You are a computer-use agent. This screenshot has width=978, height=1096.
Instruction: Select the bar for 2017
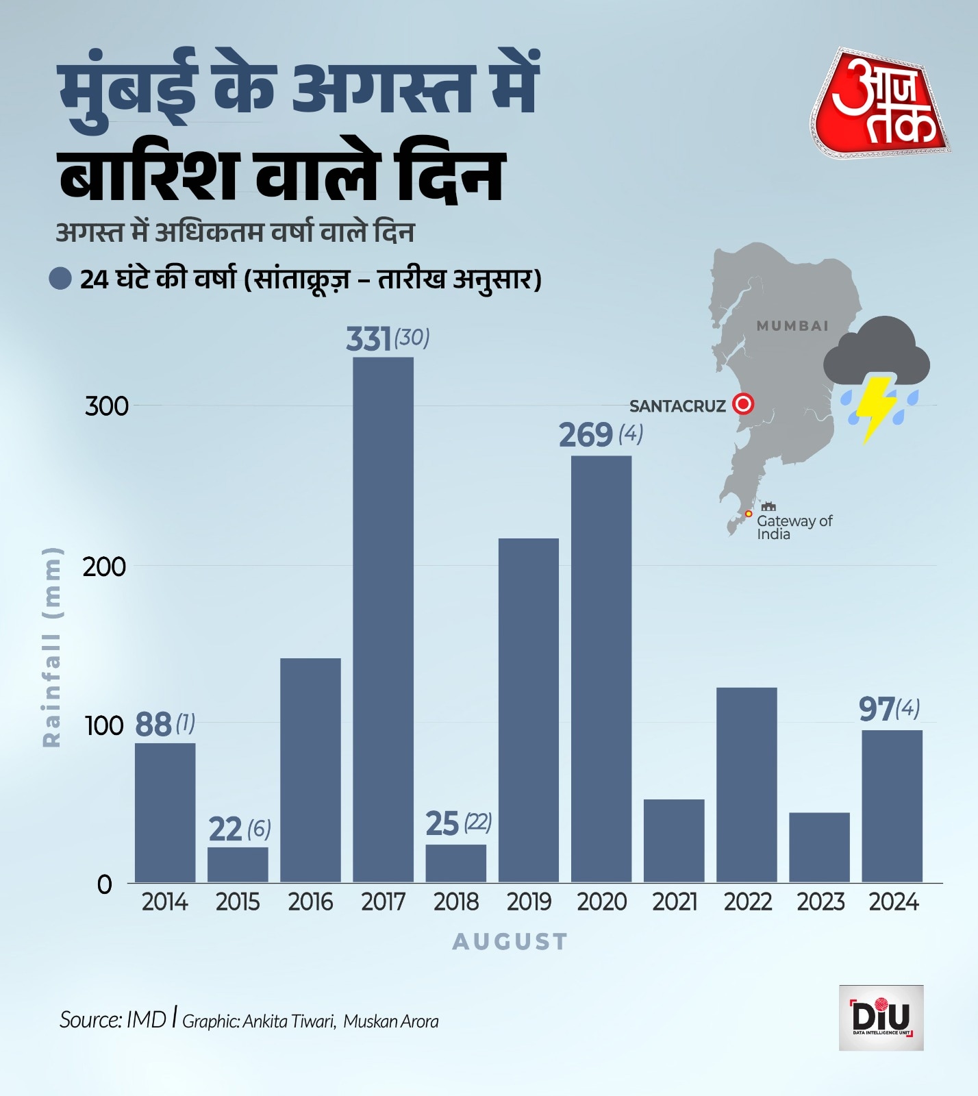tap(383, 619)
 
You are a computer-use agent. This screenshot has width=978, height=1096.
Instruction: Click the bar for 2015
tap(238, 864)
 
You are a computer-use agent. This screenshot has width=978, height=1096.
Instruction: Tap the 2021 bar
tap(674, 840)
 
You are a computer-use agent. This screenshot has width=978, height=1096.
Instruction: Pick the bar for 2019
tap(528, 710)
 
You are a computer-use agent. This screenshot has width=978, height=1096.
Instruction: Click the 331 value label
tap(368, 339)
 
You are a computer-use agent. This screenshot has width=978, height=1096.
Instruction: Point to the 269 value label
tap(586, 435)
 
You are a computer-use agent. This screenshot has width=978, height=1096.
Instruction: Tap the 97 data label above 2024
tap(877, 710)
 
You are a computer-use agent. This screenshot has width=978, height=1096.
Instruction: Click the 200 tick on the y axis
tap(104, 567)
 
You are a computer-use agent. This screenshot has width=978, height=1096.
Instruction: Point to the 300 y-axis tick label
tap(106, 406)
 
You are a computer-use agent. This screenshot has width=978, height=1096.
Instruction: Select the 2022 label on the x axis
tap(747, 902)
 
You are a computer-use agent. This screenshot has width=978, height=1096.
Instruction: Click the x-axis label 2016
tap(310, 902)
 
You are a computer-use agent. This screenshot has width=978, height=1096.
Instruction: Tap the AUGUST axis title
tap(510, 942)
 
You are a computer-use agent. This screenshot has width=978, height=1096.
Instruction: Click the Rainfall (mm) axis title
tap(52, 647)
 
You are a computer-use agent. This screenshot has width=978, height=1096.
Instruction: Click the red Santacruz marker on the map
tap(742, 404)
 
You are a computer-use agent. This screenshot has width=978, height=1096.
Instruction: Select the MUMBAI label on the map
tap(792, 326)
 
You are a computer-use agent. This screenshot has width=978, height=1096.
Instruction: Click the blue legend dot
tap(60, 279)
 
